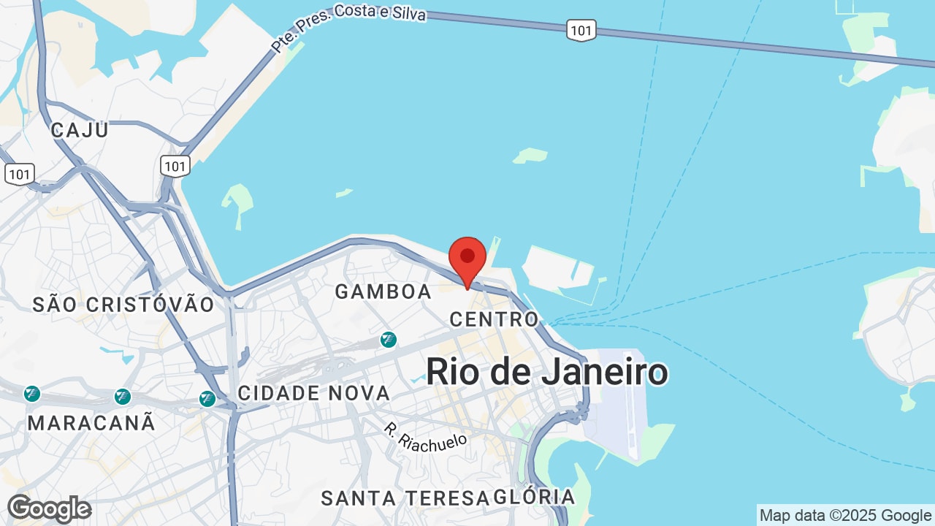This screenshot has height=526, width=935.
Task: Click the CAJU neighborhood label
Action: click(x=80, y=130)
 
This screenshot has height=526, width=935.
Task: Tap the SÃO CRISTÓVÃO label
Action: click(x=123, y=305)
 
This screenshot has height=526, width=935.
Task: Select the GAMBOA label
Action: click(x=383, y=291)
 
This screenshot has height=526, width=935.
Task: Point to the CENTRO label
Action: click(x=494, y=319)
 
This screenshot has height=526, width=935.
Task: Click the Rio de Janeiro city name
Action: click(x=546, y=372)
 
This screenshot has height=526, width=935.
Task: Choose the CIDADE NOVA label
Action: click(x=314, y=393)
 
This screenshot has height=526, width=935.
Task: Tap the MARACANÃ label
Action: click(x=91, y=422)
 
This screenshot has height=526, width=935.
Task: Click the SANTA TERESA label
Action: click(x=405, y=498)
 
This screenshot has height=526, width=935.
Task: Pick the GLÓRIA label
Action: click(x=534, y=498)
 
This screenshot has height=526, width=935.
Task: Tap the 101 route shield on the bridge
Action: click(x=581, y=30)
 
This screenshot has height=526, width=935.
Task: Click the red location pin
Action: click(x=467, y=259)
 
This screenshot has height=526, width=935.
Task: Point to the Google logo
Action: click(x=49, y=508)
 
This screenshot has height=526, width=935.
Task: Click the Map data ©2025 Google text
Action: click(x=845, y=516)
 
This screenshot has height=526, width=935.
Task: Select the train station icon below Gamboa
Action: click(x=389, y=340)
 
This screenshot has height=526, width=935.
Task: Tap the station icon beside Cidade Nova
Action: click(x=208, y=399)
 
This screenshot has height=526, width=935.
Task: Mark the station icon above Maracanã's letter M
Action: click(x=31, y=394)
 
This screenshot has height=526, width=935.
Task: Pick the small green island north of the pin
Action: click(x=530, y=155)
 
